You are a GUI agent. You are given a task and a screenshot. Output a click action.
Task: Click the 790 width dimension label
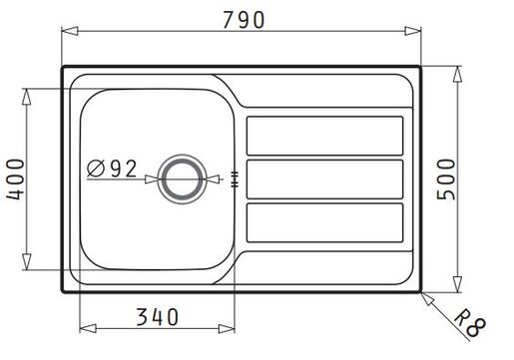point(244,20)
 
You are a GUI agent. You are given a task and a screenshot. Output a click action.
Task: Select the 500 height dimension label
point(446,180)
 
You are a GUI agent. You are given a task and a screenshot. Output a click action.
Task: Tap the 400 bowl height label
point(15,180)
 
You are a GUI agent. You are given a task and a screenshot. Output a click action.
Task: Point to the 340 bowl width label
point(158,317)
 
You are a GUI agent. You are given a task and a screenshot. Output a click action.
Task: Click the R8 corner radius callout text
point(470,323)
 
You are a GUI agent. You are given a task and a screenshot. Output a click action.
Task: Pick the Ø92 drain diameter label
point(112,169)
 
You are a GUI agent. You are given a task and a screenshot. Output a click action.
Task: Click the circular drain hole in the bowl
point(182,180)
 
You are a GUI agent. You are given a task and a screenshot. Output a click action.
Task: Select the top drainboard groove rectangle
point(324,136)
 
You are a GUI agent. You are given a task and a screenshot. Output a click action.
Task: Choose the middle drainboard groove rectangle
point(324,180)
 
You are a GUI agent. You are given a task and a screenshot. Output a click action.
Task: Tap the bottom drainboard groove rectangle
point(324,222)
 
